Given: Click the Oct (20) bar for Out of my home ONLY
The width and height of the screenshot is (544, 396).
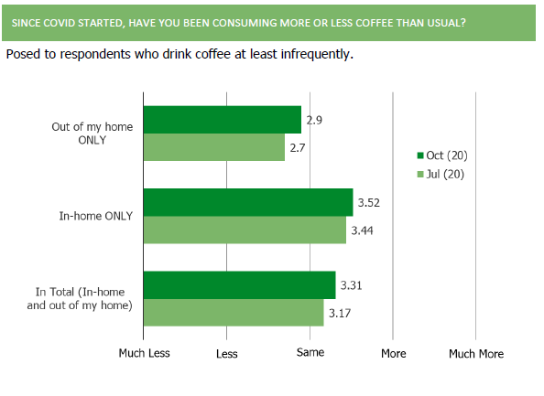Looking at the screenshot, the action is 223,120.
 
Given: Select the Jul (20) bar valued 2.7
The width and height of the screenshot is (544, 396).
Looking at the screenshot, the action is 214,147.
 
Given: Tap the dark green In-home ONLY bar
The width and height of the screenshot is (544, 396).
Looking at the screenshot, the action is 248,202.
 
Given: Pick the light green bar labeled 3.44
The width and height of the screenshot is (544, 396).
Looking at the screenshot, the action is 245,230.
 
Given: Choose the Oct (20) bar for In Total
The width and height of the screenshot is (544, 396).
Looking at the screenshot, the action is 240,285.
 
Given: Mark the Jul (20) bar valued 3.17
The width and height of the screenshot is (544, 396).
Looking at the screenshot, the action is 234,313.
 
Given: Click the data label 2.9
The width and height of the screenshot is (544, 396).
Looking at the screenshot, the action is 314,120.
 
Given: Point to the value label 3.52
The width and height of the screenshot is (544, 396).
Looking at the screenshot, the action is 369,203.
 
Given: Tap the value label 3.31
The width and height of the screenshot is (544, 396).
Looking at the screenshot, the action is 351,285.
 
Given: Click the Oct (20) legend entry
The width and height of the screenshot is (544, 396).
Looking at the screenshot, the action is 442,155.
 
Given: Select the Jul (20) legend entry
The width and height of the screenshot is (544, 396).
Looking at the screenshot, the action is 441,174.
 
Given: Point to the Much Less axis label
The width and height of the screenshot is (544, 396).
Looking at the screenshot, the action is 145,353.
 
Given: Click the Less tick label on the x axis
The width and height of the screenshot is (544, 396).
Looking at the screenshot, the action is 227,354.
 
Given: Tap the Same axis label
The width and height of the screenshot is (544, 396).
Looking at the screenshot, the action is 310,352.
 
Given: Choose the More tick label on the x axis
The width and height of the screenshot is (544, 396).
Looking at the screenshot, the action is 394,353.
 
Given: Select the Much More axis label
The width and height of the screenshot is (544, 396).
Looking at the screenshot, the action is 476,354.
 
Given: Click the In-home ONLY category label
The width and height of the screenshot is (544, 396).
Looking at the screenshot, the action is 96,216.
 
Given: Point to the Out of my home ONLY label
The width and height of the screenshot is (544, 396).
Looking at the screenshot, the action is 92,134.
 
